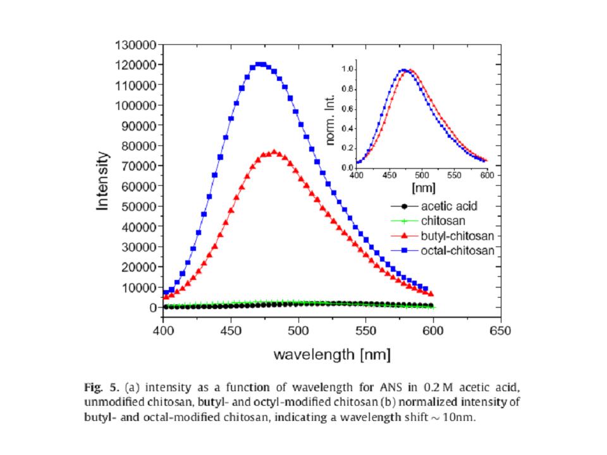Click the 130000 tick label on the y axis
click(x=136, y=44)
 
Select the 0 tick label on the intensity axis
click(x=152, y=308)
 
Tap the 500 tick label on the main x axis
click(x=298, y=331)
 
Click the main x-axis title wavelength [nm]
click(x=331, y=355)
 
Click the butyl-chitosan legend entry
click(x=457, y=236)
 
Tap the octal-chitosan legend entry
click(x=457, y=251)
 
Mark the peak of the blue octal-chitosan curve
click(x=261, y=64)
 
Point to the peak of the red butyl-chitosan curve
click(x=274, y=152)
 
